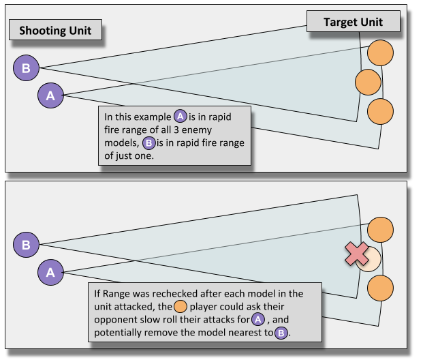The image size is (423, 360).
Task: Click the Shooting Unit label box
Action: pyautogui.click(x=56, y=31)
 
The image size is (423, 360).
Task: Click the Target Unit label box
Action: pyautogui.click(x=353, y=22)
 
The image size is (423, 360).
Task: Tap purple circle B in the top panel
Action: pyautogui.click(x=26, y=67)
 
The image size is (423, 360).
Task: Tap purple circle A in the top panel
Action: pyautogui.click(x=50, y=96)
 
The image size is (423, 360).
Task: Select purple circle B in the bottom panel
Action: pyautogui.click(x=26, y=244)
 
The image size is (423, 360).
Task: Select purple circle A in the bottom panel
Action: pyautogui.click(x=50, y=272)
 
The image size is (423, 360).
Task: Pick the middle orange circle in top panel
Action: pyautogui.click(x=368, y=82)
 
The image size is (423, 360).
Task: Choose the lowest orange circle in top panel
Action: pyautogui.click(x=380, y=110)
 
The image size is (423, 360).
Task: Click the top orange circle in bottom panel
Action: pyautogui.click(x=380, y=230)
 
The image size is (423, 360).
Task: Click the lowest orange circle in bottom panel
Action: pyautogui.click(x=380, y=287)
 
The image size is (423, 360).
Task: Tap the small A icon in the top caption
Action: pyautogui.click(x=180, y=117)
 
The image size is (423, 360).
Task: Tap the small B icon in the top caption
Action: pyautogui.click(x=148, y=143)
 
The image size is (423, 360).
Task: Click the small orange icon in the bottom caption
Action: pyautogui.click(x=181, y=306)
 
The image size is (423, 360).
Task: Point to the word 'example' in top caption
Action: pyautogui.click(x=151, y=117)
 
